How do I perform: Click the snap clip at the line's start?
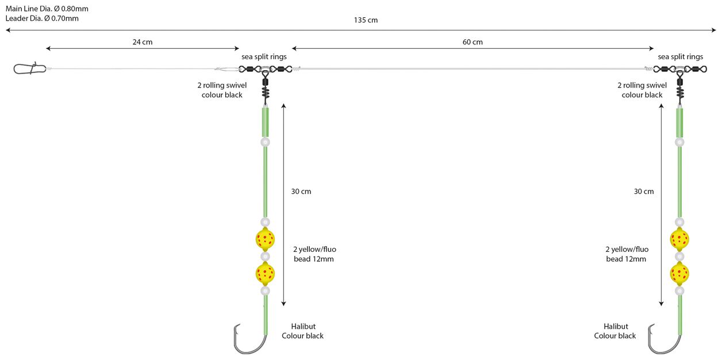pyautogui.click(x=29, y=69)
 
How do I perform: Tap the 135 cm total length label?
pyautogui.click(x=366, y=20)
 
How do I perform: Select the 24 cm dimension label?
pyautogui.click(x=143, y=42)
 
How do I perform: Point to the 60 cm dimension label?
pyautogui.click(x=473, y=42)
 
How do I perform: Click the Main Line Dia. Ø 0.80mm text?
pyautogui.click(x=47, y=9)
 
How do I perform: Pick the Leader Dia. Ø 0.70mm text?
pyautogui.click(x=42, y=18)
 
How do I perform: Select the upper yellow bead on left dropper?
pyautogui.click(x=265, y=238)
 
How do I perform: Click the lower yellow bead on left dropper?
pyautogui.click(x=265, y=273)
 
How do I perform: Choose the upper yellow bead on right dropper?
pyautogui.click(x=679, y=238)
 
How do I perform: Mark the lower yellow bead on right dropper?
pyautogui.click(x=679, y=273)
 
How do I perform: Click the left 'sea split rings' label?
pyautogui.click(x=264, y=57)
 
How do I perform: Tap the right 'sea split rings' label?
pyautogui.click(x=681, y=57)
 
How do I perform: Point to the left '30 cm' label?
pyautogui.click(x=301, y=192)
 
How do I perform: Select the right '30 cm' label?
pyautogui.click(x=644, y=192)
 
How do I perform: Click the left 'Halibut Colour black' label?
pyautogui.click(x=302, y=331)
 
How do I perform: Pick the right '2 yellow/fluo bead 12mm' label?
pyautogui.click(x=627, y=254)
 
